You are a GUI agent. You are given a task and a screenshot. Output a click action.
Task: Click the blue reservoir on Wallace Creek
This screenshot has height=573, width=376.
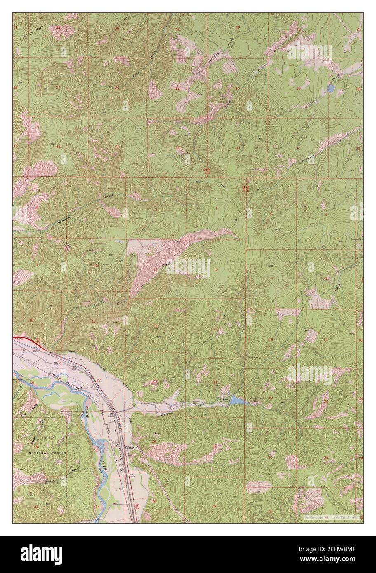[237, 399]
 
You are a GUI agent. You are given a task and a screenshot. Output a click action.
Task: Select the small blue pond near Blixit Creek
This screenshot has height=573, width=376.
[330, 88]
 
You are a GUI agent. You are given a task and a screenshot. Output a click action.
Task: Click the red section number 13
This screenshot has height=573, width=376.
[215, 329]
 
